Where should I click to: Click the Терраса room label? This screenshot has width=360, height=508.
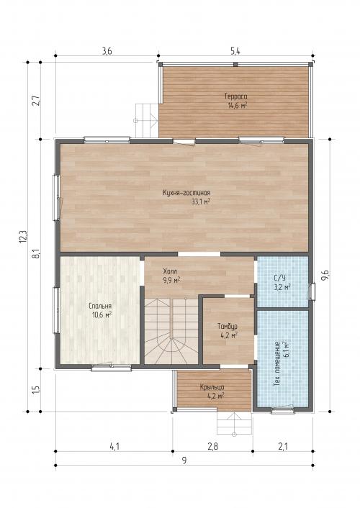[x=235, y=96]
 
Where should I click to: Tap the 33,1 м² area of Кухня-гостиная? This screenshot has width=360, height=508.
[x=201, y=201]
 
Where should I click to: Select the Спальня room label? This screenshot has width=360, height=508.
[x=100, y=306]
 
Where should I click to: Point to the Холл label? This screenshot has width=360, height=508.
[x=170, y=271]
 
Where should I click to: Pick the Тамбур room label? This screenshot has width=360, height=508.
[x=228, y=326]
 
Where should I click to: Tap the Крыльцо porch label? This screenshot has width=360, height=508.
[x=212, y=387]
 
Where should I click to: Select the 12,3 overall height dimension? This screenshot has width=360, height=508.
[x=23, y=237]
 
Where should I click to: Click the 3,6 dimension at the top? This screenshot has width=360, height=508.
[x=107, y=51]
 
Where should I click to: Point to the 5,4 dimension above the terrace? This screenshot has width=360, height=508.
[x=235, y=51]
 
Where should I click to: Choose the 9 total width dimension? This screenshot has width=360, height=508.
[x=184, y=461]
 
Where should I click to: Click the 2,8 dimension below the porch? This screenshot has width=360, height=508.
[x=212, y=446]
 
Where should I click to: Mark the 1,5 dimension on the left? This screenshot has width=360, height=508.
[x=36, y=389]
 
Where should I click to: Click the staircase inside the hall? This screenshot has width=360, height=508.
[x=171, y=331]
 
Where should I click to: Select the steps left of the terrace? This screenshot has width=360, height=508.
[x=146, y=120]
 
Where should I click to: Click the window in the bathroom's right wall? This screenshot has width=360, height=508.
[x=312, y=291]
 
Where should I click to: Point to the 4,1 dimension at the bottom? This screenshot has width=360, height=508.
[x=114, y=446]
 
